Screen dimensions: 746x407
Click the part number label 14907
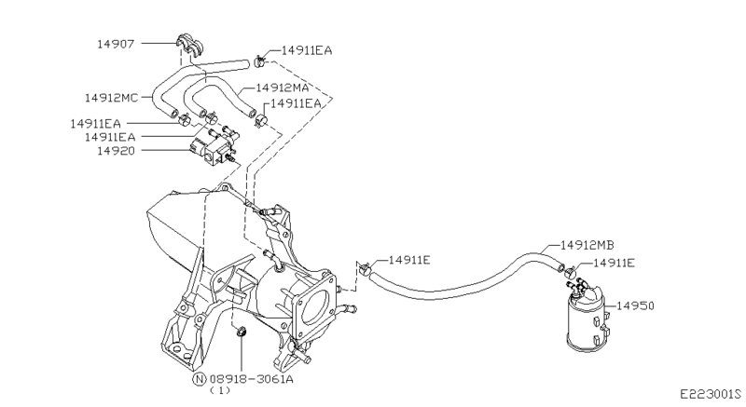(116, 44)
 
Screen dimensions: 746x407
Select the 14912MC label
(111, 98)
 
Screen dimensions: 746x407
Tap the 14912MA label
(283, 88)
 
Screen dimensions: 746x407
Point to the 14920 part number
(116, 151)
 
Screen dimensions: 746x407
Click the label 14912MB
(587, 245)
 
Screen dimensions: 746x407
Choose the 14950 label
(636, 305)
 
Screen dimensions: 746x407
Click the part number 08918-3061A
(251, 379)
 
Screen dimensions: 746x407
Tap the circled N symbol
(200, 379)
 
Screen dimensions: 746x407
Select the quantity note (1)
(220, 390)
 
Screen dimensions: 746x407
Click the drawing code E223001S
(711, 394)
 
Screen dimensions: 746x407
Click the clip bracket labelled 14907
(190, 46)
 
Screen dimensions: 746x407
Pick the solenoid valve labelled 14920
(214, 145)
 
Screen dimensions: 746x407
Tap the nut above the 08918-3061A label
(242, 331)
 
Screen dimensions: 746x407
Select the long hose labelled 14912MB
(466, 280)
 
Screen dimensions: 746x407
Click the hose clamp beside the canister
(571, 273)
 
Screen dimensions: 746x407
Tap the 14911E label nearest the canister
(615, 263)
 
